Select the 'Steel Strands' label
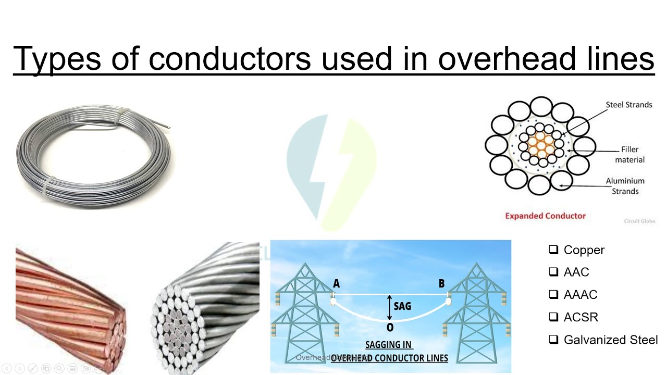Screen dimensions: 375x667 click(x=628, y=105)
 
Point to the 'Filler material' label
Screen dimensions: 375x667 click(x=629, y=155)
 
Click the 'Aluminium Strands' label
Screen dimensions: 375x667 click(x=625, y=186)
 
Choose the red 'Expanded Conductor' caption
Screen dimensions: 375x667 click(x=545, y=216)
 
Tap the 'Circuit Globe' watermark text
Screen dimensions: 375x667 click(x=639, y=221)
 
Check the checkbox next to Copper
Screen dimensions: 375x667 click(x=553, y=250)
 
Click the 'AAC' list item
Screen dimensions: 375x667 click(x=576, y=272)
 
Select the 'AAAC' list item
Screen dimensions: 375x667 click(x=580, y=295)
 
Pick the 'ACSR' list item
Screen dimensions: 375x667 click(x=580, y=317)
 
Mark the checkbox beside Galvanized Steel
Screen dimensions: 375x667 click(x=553, y=340)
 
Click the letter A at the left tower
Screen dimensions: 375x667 click(x=336, y=284)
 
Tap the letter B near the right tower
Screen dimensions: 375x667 click(x=442, y=284)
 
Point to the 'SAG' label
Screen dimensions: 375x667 click(x=402, y=306)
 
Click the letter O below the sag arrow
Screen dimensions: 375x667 click(x=390, y=328)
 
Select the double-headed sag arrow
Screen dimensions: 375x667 click(x=389, y=307)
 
